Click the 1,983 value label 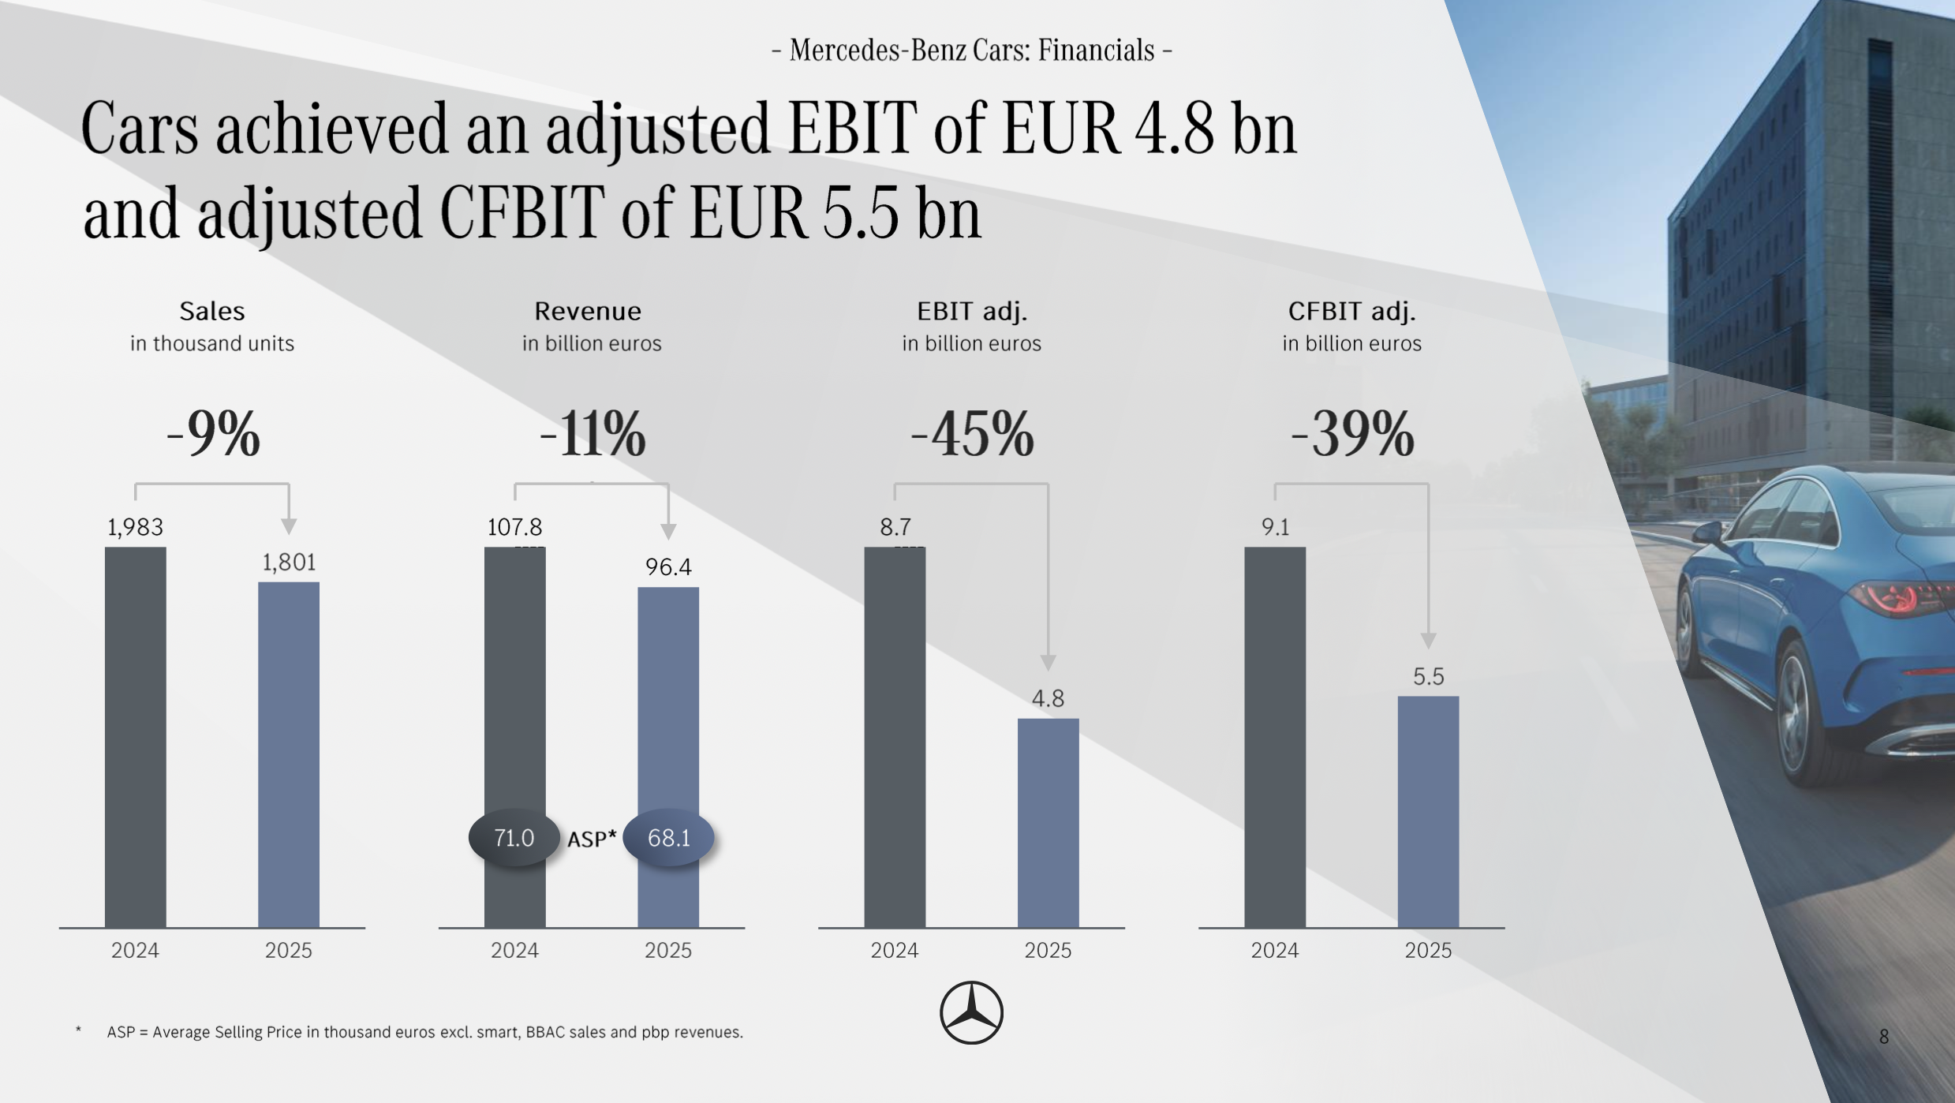pyautogui.click(x=135, y=527)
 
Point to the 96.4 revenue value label pyautogui.click(x=668, y=567)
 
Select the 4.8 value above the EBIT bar pyautogui.click(x=1048, y=698)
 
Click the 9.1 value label pyautogui.click(x=1275, y=527)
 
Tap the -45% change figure pyautogui.click(x=972, y=434)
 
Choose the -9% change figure pyautogui.click(x=213, y=434)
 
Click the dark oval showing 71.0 pyautogui.click(x=514, y=838)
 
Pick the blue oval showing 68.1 pyautogui.click(x=668, y=838)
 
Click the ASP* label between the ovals pyautogui.click(x=592, y=839)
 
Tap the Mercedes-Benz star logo pyautogui.click(x=971, y=1013)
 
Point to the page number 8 pyautogui.click(x=1883, y=1037)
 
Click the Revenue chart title pyautogui.click(x=588, y=312)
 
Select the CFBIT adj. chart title pyautogui.click(x=1351, y=312)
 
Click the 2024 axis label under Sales pyautogui.click(x=135, y=950)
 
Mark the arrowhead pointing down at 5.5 pyautogui.click(x=1428, y=640)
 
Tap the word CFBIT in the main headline pyautogui.click(x=521, y=213)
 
